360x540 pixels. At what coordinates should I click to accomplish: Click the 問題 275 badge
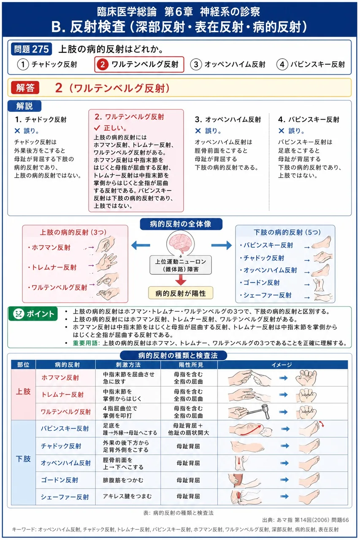point(31,49)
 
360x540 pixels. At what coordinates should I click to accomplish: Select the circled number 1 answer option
point(23,65)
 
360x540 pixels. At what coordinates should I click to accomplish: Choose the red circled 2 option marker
point(103,65)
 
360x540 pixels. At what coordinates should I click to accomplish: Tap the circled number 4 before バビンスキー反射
point(282,65)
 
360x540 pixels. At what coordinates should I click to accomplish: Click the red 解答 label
point(25,88)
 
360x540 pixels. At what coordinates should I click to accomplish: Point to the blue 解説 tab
point(24,106)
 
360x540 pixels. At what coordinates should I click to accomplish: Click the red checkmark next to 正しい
point(97,127)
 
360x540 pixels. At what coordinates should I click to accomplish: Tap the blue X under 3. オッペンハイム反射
point(198,131)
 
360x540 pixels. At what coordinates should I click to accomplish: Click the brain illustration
point(180,243)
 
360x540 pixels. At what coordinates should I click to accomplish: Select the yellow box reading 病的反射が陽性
point(181,293)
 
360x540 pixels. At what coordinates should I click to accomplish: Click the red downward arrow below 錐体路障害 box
point(181,280)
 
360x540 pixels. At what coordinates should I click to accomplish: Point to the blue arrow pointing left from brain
point(141,246)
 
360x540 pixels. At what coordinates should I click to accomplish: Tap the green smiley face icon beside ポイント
point(18,313)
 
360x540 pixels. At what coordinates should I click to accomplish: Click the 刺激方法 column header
point(128,365)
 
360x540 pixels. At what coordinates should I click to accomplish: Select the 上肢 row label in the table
point(23,391)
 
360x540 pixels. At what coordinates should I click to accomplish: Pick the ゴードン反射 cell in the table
point(60,480)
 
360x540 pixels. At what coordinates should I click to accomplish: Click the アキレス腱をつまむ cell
point(127,497)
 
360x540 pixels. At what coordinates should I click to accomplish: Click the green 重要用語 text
point(86,343)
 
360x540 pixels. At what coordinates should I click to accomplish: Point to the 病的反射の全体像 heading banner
point(181,224)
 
